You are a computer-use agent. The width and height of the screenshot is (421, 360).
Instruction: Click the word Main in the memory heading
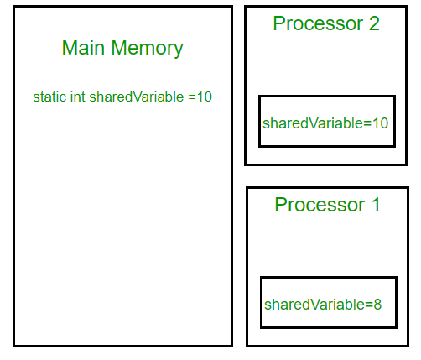coord(84,48)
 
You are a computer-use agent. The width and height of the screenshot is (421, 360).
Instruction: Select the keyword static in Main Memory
coord(49,97)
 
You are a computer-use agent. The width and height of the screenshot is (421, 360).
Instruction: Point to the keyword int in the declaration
coord(77,97)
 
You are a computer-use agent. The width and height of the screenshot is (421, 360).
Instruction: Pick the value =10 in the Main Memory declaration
coord(200,97)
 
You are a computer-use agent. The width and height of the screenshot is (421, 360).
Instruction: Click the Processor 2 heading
coord(326,23)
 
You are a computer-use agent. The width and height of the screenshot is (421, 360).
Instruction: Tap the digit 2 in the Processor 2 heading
coord(374,23)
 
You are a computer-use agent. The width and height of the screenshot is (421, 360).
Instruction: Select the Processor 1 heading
coord(327,205)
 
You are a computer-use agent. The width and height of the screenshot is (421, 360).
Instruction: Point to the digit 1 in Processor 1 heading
coord(375,205)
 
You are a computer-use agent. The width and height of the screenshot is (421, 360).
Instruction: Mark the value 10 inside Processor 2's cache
coord(380,123)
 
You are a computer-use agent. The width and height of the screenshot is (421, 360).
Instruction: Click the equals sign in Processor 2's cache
coord(366,123)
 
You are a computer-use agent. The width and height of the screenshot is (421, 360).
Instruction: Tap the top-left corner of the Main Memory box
coord(14,8)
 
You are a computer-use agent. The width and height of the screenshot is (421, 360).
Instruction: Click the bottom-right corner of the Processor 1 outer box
coord(407,345)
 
